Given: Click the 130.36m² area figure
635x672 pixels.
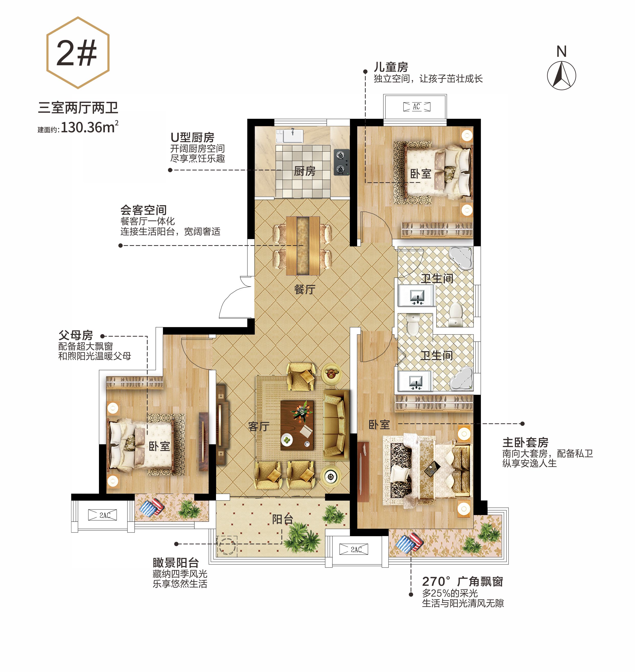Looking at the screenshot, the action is pyautogui.click(x=90, y=127).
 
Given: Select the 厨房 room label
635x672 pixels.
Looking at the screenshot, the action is pyautogui.click(x=305, y=171).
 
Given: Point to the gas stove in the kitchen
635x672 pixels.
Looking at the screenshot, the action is pyautogui.click(x=341, y=162).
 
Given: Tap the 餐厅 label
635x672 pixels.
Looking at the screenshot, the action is pyautogui.click(x=305, y=289).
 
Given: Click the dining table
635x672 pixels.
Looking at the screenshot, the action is pyautogui.click(x=303, y=246).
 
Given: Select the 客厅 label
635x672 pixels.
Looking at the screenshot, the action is pyautogui.click(x=259, y=426).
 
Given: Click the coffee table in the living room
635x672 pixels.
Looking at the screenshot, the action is pyautogui.click(x=297, y=425).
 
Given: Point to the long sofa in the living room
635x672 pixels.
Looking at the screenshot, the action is pyautogui.click(x=335, y=425).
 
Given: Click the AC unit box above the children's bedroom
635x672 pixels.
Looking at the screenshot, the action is pyautogui.click(x=417, y=107).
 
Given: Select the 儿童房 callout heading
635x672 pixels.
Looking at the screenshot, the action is pyautogui.click(x=391, y=67).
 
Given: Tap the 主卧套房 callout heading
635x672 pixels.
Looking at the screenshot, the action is pyautogui.click(x=525, y=442).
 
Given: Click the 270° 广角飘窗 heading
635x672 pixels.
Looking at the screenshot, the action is pyautogui.click(x=463, y=581).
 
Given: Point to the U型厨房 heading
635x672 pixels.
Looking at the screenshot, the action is pyautogui.click(x=192, y=137).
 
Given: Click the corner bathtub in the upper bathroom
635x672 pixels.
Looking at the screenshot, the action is pyautogui.click(x=461, y=258).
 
